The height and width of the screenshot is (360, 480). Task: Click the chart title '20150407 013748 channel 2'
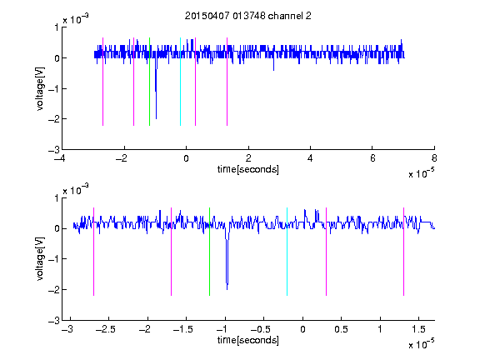248,16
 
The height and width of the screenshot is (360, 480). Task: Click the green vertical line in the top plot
149,82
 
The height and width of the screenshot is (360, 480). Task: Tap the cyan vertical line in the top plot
180,82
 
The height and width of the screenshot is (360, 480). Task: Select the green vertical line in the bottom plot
210,252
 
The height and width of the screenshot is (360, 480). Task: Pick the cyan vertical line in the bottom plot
287,252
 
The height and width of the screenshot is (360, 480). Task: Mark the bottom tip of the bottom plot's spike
227,290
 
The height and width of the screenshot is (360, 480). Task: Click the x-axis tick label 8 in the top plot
434,158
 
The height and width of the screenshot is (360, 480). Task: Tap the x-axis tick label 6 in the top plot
372,158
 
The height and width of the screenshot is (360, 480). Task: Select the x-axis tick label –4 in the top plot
59,158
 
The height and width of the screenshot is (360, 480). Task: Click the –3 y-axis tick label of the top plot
54,150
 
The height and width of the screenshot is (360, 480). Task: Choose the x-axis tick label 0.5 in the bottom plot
342,329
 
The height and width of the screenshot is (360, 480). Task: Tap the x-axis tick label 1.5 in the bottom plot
418,329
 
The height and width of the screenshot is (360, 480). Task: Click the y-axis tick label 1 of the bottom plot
57,198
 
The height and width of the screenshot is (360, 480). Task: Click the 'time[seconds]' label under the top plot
248,169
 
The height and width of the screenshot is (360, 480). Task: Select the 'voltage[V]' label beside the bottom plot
40,258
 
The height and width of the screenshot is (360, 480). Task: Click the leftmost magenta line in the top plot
102,82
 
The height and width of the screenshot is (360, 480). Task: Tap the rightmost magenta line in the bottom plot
404,252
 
